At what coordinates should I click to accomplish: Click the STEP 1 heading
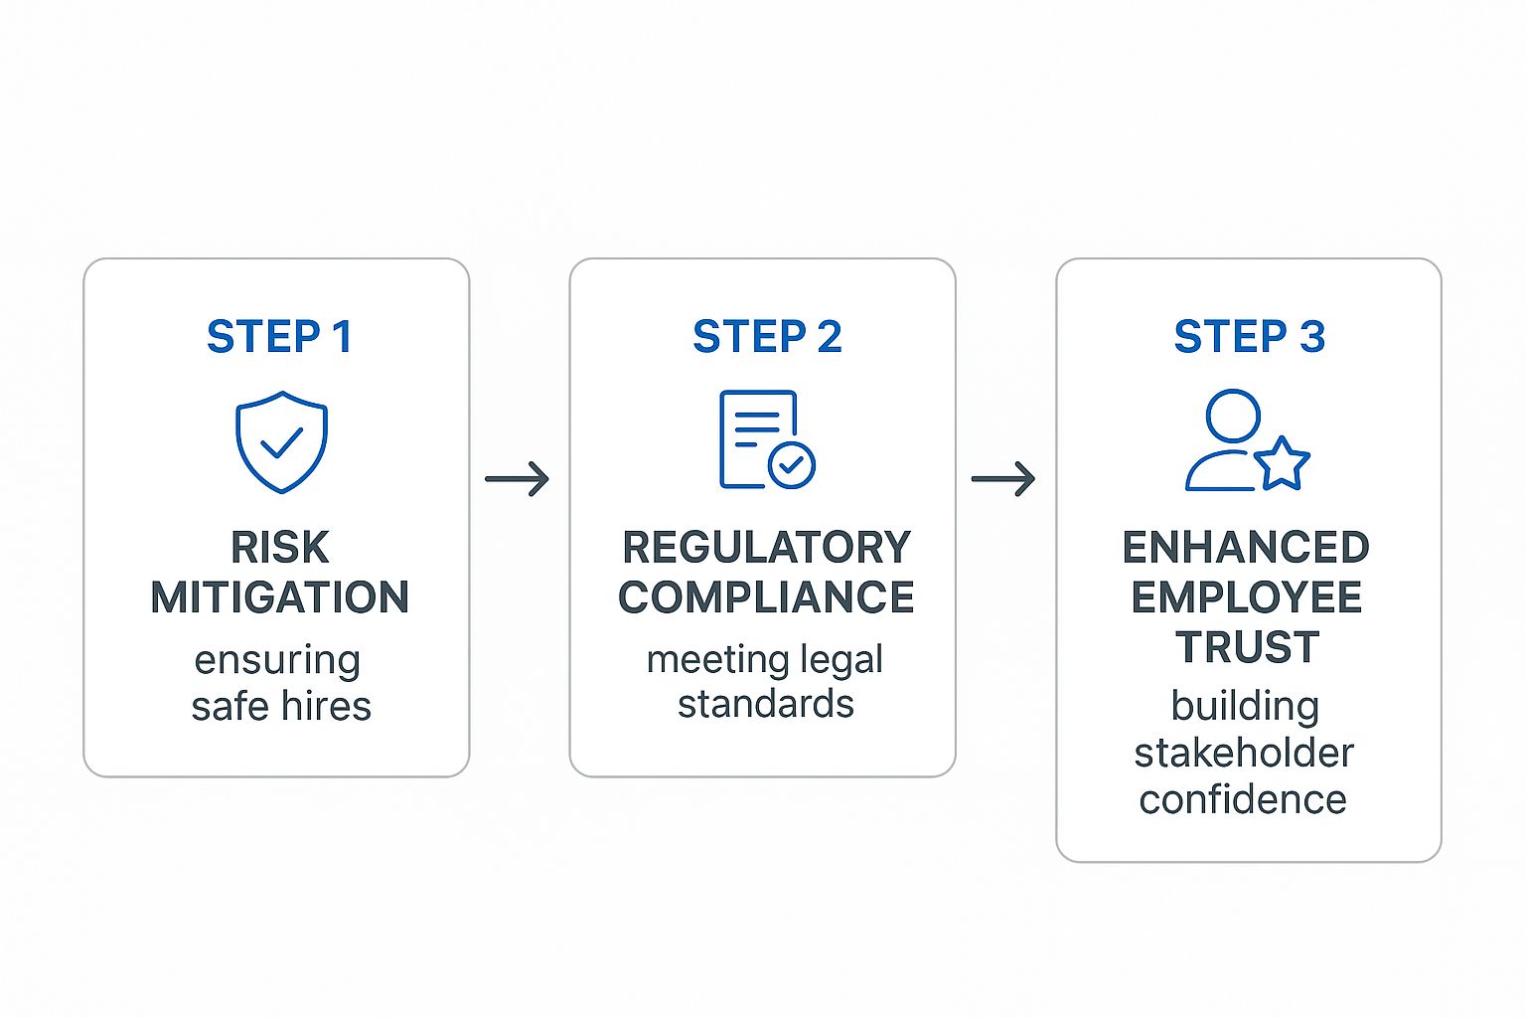point(279,337)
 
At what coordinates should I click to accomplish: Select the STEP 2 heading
point(767,337)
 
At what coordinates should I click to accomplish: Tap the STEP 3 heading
point(1249,337)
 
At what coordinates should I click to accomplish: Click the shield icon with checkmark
point(281,442)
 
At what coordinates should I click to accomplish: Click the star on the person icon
point(1282,463)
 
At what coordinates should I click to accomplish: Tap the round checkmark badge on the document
point(792,464)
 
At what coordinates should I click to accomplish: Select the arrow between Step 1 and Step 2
point(517,479)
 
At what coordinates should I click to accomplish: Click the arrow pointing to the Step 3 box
point(1003,479)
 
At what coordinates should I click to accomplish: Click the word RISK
point(279,548)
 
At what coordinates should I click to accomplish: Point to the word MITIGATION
point(279,597)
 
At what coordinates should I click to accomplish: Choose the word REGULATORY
point(766,548)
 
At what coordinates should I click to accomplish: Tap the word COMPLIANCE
point(766,597)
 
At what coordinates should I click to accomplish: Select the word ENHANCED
point(1246,548)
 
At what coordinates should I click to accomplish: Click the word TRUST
point(1248,648)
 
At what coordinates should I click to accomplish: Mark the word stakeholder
point(1244,754)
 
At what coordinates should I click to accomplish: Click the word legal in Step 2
point(840,660)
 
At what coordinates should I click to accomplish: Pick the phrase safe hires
point(281,707)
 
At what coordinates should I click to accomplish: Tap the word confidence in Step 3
point(1243,800)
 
